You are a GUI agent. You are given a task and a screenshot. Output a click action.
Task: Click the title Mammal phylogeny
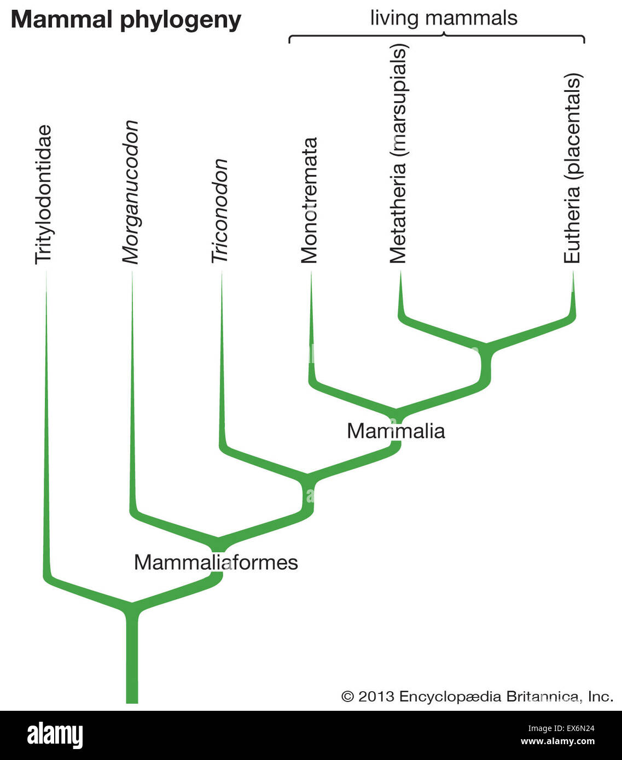126,20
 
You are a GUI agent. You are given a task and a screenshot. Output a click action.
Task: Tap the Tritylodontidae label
44,195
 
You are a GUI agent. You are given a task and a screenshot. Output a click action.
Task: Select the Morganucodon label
130,192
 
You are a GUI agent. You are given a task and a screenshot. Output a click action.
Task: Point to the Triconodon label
220,211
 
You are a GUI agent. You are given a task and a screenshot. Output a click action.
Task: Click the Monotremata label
310,200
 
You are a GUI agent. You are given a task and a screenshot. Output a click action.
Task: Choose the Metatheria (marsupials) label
398,155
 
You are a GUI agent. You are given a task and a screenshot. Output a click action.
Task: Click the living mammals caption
444,18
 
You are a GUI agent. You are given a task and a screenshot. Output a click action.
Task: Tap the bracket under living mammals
437,38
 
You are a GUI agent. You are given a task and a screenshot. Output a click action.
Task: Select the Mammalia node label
396,431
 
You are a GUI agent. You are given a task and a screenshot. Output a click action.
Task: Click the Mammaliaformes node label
216,562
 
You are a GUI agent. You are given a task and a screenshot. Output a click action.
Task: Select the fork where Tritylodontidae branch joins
132,607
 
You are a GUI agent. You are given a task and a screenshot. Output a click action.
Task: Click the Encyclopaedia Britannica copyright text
477,697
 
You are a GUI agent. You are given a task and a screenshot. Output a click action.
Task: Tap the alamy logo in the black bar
55,735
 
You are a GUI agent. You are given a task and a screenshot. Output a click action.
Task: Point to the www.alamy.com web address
557,742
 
